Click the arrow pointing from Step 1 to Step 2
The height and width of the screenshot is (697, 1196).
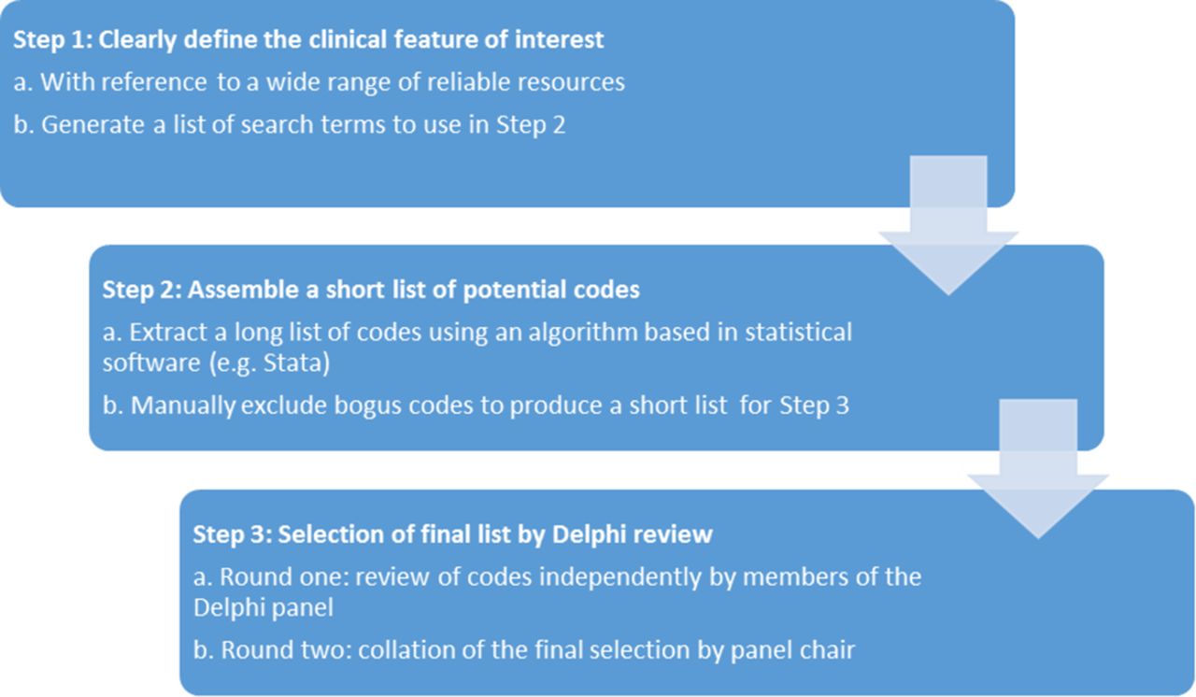(x=948, y=225)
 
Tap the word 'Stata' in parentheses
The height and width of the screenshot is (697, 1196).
(x=292, y=363)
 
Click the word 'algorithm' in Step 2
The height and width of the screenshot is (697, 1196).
(x=581, y=332)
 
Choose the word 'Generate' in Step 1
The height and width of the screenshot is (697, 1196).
(x=93, y=125)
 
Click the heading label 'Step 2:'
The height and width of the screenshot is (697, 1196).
(x=142, y=290)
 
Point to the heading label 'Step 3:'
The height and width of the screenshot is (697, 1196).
(x=233, y=534)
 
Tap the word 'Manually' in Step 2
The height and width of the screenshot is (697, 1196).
(x=182, y=405)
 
